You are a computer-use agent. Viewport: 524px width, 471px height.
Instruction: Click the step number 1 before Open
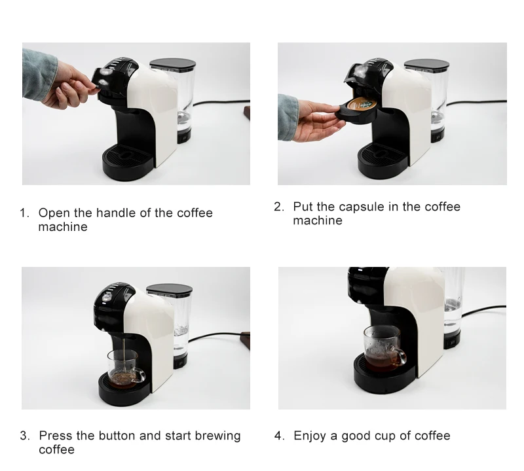pyautogui.click(x=24, y=213)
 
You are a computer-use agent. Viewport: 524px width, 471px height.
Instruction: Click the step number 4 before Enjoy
pyautogui.click(x=280, y=436)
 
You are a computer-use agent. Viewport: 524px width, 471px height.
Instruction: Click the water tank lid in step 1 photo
pyautogui.click(x=173, y=65)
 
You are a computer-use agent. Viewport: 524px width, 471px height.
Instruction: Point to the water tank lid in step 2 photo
pyautogui.click(x=426, y=65)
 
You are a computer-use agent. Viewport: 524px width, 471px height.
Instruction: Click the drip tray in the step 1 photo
pyautogui.click(x=128, y=158)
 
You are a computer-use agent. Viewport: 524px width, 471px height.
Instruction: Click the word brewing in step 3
pyautogui.click(x=215, y=436)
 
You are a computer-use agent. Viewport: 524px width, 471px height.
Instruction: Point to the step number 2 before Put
pyautogui.click(x=279, y=207)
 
